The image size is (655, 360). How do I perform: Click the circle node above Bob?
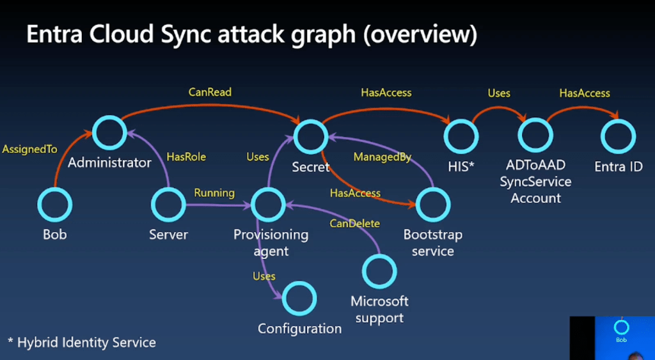pos(54,205)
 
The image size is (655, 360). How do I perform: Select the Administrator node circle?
pos(109,133)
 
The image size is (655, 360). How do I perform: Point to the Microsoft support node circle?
pos(379,272)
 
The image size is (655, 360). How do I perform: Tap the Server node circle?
pos(168,205)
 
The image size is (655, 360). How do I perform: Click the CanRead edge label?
pos(210,92)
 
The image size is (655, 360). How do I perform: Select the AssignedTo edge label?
pos(29,149)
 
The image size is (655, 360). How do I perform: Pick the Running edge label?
pos(214,192)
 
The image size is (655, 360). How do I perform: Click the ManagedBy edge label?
pos(383,157)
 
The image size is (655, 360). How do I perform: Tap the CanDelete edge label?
pos(354,223)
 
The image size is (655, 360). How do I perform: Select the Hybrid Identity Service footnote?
pos(82,342)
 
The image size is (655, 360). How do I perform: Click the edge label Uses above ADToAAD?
pos(499,93)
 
